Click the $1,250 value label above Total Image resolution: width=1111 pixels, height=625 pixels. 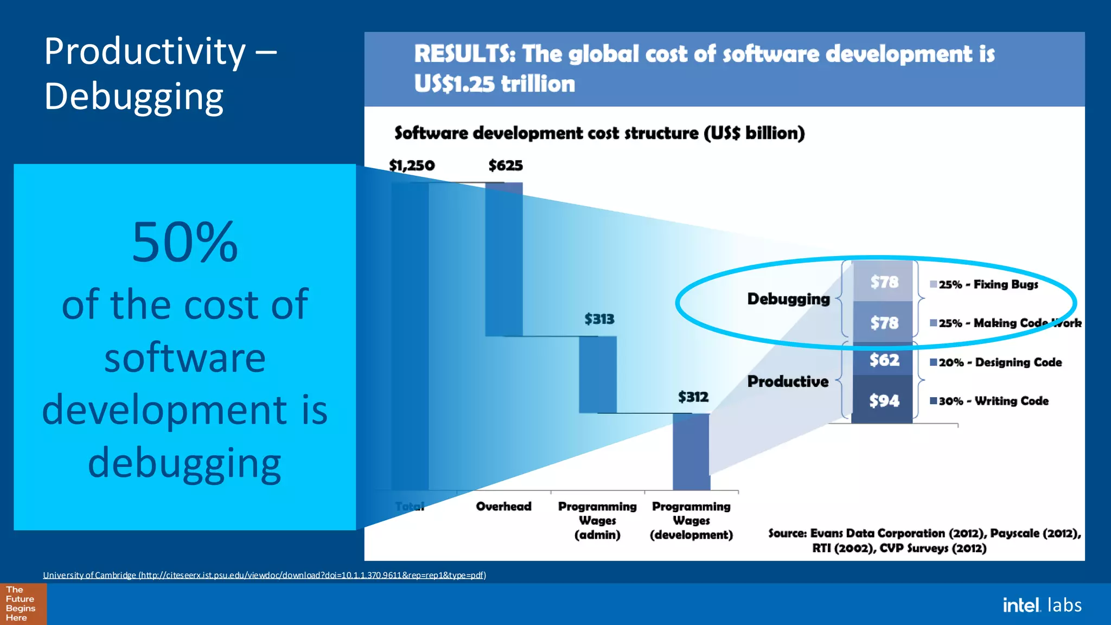[x=412, y=165]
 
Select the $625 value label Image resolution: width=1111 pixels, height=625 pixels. [x=506, y=165]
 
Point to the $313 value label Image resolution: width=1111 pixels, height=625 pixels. [x=599, y=319]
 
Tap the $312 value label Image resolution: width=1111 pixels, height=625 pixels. [x=693, y=397]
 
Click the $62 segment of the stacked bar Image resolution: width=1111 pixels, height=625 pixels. [x=884, y=360]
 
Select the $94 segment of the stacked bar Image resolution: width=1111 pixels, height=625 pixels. [x=884, y=401]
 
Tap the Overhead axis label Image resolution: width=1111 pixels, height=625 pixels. [x=503, y=506]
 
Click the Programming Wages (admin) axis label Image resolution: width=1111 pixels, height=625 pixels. [x=597, y=520]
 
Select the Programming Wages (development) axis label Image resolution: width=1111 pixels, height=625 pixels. [x=691, y=520]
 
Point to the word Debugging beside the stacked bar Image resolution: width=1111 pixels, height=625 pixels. [x=788, y=299]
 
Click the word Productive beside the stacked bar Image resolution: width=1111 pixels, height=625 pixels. [x=788, y=381]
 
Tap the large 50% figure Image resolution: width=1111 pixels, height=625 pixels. [x=184, y=242]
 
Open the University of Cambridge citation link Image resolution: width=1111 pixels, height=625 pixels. [x=264, y=575]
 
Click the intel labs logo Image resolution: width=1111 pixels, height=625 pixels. [x=1042, y=605]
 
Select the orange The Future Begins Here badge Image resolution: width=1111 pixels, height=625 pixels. [x=23, y=604]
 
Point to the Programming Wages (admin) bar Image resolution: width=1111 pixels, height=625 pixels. [x=597, y=374]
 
